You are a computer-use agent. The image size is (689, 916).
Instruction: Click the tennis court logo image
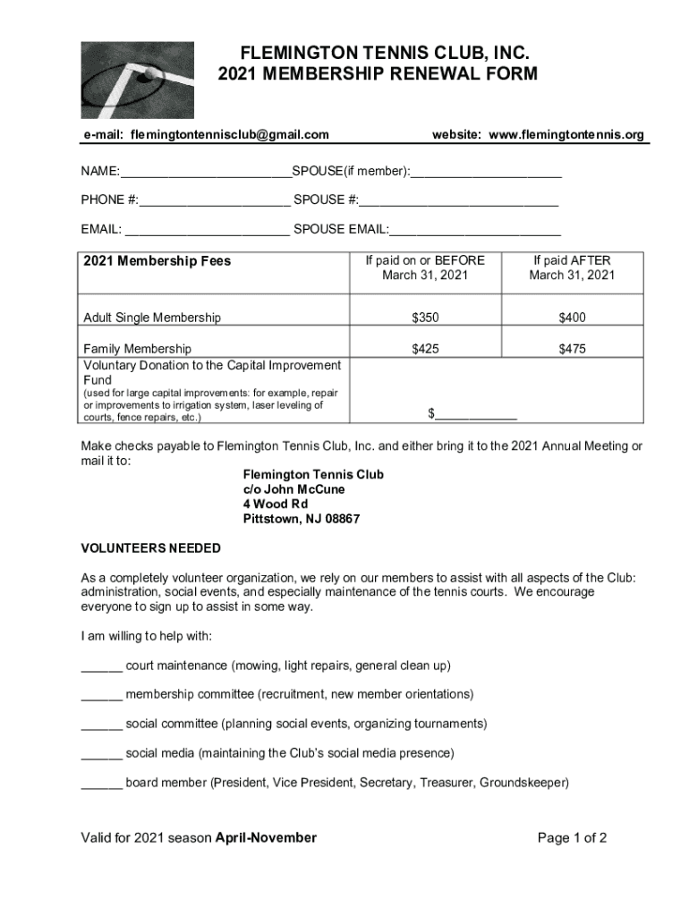click(x=137, y=80)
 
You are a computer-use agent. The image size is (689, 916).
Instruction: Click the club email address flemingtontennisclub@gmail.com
click(x=229, y=135)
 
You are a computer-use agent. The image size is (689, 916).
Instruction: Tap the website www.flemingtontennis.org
click(x=566, y=135)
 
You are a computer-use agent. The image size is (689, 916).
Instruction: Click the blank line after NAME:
click(x=205, y=172)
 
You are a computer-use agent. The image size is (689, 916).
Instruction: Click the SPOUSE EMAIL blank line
click(x=475, y=230)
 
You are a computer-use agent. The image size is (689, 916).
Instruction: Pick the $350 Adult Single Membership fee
click(x=425, y=318)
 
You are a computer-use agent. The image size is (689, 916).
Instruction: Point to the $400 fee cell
click(x=572, y=318)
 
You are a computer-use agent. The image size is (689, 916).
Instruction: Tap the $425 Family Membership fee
click(x=425, y=349)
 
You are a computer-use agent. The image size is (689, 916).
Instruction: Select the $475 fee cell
click(x=572, y=349)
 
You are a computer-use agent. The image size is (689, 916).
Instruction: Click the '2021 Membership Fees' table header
click(x=157, y=261)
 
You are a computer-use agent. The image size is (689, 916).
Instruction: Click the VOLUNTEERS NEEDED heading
click(x=150, y=547)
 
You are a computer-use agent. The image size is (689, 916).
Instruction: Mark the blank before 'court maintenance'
click(x=101, y=666)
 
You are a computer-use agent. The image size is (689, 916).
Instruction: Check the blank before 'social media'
click(x=101, y=752)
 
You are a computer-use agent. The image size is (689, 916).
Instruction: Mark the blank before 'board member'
click(x=101, y=783)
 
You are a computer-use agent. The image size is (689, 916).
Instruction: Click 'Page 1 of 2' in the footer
click(x=572, y=838)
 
